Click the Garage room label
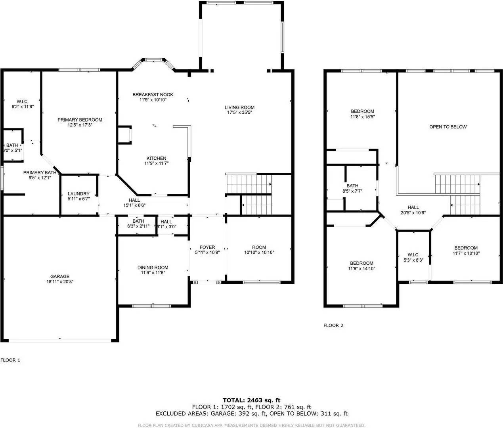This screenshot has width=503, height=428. point(60,277)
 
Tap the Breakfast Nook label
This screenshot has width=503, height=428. point(153,95)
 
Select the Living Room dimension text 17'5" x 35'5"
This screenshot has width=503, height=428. point(239,113)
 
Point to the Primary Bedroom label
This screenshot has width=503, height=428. point(80,120)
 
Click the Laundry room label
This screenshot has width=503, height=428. point(78,194)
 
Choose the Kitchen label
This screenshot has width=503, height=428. point(157,158)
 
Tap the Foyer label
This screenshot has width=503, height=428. point(207,247)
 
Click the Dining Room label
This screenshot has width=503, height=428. point(153,267)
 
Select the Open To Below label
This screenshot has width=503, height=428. point(448,127)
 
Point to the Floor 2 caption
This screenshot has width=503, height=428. point(333,325)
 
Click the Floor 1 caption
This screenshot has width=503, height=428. point(10,360)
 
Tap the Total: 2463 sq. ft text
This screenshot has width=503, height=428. point(252,400)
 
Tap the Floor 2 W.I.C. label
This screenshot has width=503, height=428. point(413,254)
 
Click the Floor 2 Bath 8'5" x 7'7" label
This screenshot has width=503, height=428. point(352,185)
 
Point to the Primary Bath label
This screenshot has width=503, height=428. point(40,172)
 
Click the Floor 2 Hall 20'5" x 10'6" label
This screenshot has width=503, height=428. point(413,207)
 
